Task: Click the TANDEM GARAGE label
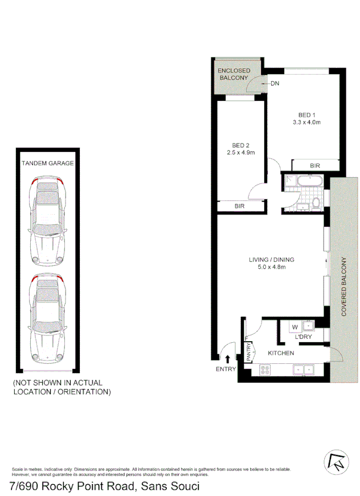pyautogui.click(x=48, y=163)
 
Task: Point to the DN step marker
pyautogui.click(x=275, y=84)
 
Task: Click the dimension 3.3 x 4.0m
pyautogui.click(x=306, y=122)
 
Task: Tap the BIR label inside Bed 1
pyautogui.click(x=315, y=166)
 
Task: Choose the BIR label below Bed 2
pyautogui.click(x=239, y=206)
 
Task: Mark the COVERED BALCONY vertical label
pyautogui.click(x=344, y=286)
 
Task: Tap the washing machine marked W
pyautogui.click(x=295, y=327)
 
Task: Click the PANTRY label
pyautogui.click(x=249, y=350)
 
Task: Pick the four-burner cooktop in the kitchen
pyautogui.click(x=265, y=369)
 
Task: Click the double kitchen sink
pyautogui.click(x=301, y=369)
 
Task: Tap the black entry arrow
pyautogui.click(x=228, y=358)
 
